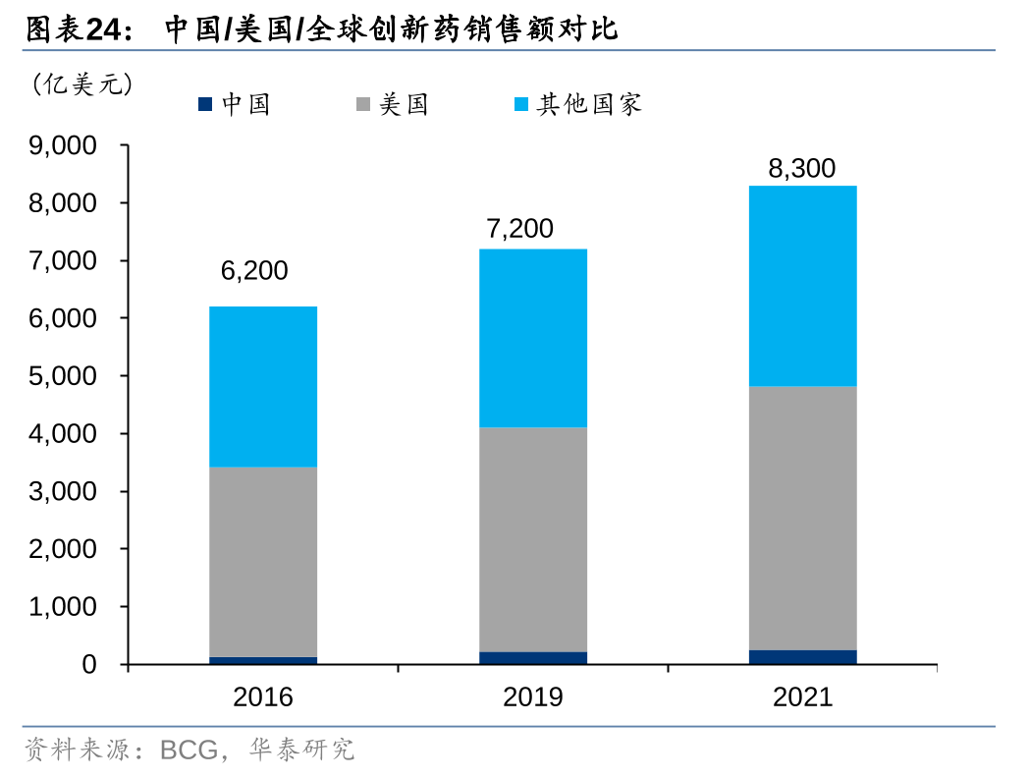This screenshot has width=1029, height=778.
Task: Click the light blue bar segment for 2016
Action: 263,386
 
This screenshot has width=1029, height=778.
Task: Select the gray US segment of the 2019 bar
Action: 533,539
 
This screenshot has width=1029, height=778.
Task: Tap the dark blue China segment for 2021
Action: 802,657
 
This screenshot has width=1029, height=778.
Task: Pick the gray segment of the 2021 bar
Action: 802,518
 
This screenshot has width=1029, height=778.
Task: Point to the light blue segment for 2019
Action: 533,338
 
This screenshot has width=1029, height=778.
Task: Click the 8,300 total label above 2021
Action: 801,168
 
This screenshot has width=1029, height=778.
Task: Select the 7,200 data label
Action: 519,230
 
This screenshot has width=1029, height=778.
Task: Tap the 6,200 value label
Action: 254,271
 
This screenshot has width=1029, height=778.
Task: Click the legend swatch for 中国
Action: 205,103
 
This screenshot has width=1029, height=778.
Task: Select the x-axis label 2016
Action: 263,697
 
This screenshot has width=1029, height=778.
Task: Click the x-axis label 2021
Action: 802,697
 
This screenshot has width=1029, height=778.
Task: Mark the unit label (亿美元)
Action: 82,84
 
